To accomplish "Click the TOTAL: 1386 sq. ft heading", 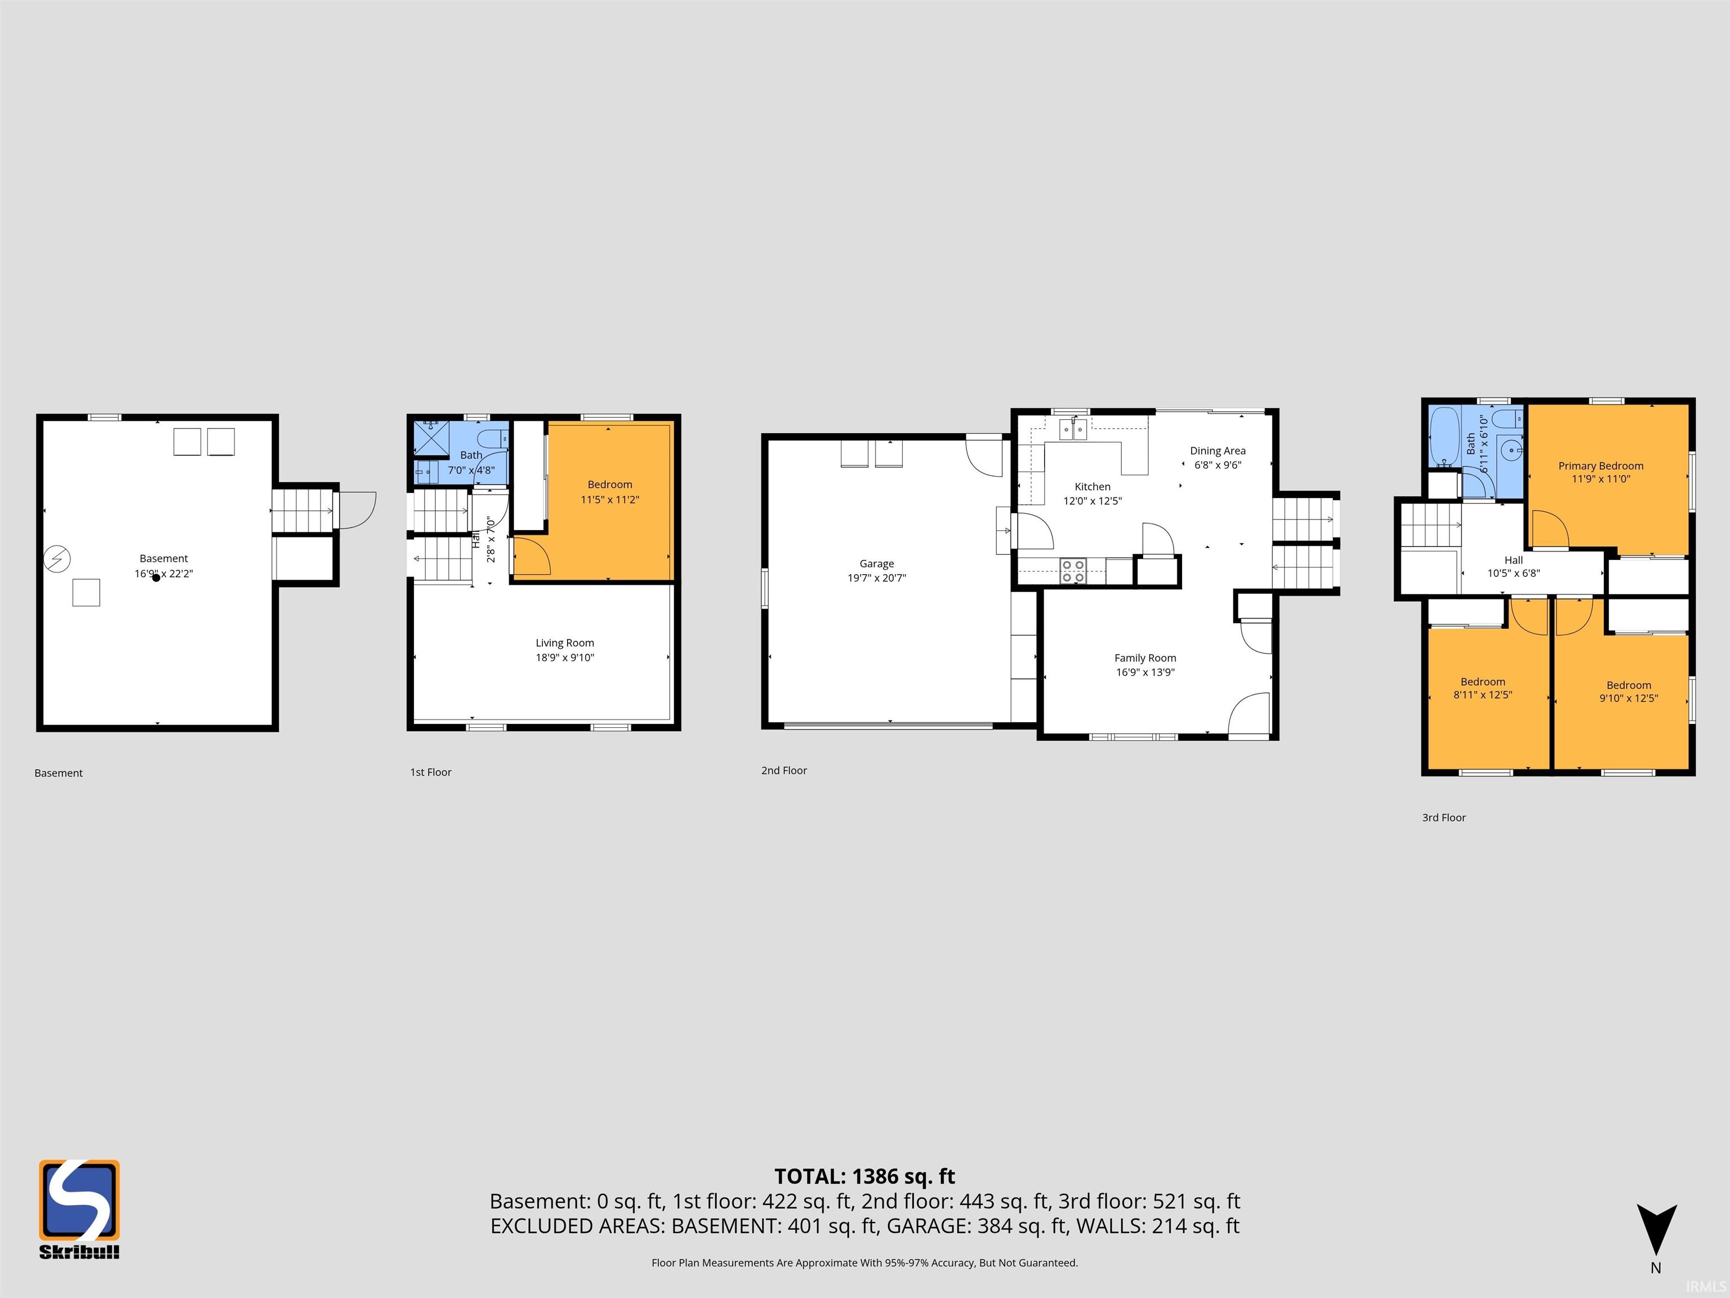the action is [864, 1176].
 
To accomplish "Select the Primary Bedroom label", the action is [1600, 465].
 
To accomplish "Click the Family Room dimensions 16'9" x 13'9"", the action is [1145, 672].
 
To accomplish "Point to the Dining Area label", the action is [1218, 451].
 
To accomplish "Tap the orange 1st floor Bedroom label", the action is [610, 484].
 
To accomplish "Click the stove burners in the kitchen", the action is [1073, 571].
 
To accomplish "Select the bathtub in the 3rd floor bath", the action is [1444, 437].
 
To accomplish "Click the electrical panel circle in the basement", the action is [57, 559].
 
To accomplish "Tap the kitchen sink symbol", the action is [1072, 429].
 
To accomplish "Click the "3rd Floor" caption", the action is [1444, 817].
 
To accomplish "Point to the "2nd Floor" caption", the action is [784, 771].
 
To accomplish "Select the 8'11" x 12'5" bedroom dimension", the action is [1482, 695].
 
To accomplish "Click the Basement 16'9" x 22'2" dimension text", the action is [163, 574].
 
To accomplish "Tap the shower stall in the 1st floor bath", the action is [432, 438].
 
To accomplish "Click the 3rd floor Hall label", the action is [1513, 560].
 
